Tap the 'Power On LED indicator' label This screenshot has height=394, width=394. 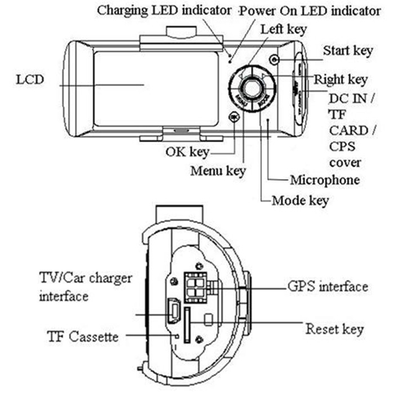pyautogui.click(x=310, y=11)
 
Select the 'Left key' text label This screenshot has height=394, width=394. pyautogui.click(x=284, y=29)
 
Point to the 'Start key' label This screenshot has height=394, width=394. pyautogui.click(x=348, y=51)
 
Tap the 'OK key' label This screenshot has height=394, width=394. pyautogui.click(x=187, y=152)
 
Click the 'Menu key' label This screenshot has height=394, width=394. pyautogui.click(x=218, y=171)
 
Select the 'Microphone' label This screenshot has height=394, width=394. pyautogui.click(x=325, y=180)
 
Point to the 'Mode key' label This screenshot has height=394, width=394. pyautogui.click(x=300, y=201)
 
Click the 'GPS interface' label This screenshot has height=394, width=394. pyautogui.click(x=327, y=287)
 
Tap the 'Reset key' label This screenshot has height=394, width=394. pyautogui.click(x=334, y=330)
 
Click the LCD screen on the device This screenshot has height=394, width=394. pyautogui.click(x=156, y=88)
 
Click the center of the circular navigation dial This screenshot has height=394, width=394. pyautogui.click(x=252, y=88)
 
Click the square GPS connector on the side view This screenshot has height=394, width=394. pyautogui.click(x=195, y=286)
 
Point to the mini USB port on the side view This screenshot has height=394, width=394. pyautogui.click(x=173, y=310)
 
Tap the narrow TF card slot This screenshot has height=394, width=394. pyautogui.click(x=187, y=326)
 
